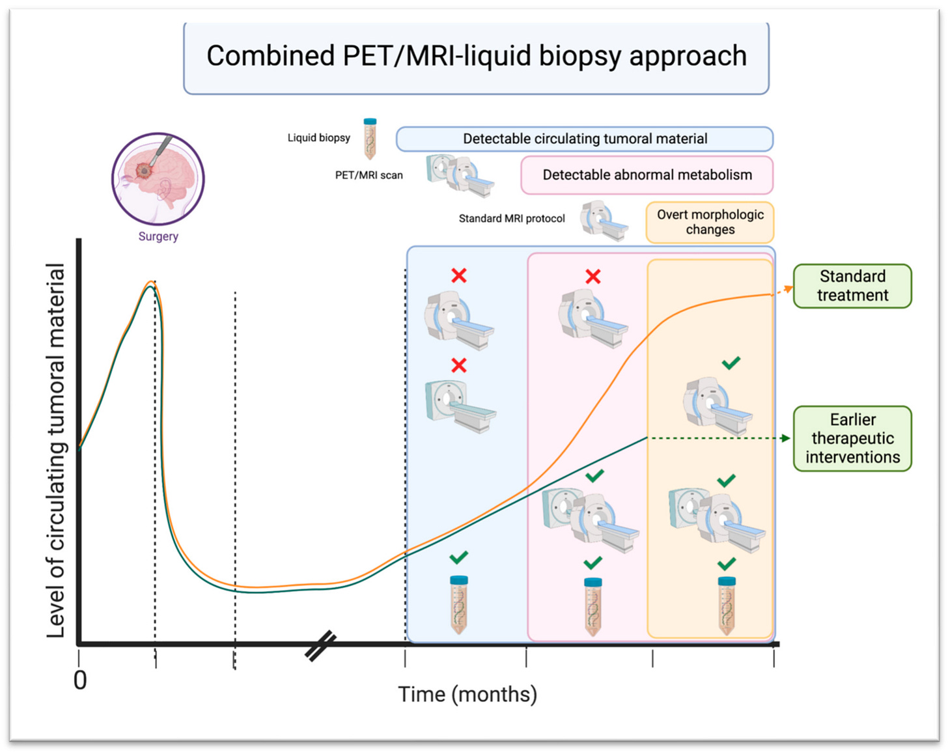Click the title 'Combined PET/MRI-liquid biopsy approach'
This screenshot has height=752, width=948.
(x=476, y=57)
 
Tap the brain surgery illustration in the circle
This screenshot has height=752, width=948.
(x=158, y=178)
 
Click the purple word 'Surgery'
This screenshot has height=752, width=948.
(x=158, y=236)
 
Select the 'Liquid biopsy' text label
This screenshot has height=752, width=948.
(x=318, y=138)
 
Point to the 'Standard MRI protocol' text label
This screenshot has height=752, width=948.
(x=512, y=219)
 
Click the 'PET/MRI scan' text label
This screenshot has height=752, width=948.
(x=369, y=175)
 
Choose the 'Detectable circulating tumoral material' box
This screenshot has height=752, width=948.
(x=585, y=139)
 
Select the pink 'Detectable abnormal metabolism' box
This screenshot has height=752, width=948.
(x=647, y=175)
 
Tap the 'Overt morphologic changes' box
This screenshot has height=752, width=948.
(x=710, y=222)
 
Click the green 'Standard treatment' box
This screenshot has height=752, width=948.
(x=852, y=286)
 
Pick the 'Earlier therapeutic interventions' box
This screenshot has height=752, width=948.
(x=852, y=438)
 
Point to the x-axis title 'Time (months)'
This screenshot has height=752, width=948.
(x=467, y=694)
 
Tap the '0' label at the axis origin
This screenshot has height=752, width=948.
(x=80, y=680)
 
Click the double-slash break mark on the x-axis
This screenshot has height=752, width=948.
(x=320, y=645)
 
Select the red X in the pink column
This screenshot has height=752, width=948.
(x=592, y=277)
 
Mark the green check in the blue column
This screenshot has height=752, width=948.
(x=458, y=558)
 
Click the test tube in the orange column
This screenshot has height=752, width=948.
(x=727, y=606)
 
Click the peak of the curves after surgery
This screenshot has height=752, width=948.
(x=151, y=283)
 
